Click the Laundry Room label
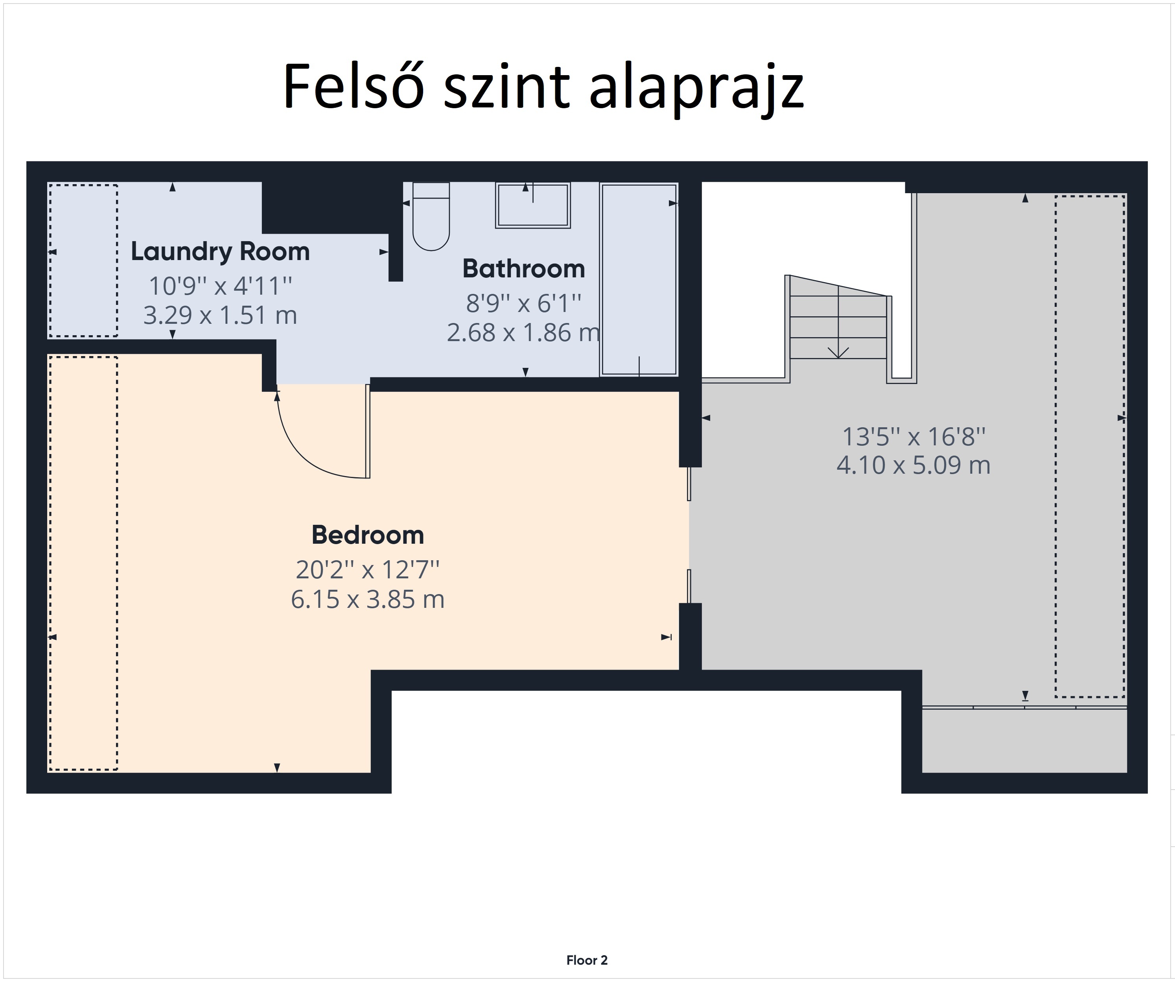(220, 252)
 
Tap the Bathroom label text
(524, 269)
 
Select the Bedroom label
(368, 535)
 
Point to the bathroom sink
(533, 205)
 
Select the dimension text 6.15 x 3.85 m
(368, 600)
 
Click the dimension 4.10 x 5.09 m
(913, 465)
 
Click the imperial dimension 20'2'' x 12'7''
(368, 570)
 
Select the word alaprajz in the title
(696, 90)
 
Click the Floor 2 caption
(587, 960)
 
